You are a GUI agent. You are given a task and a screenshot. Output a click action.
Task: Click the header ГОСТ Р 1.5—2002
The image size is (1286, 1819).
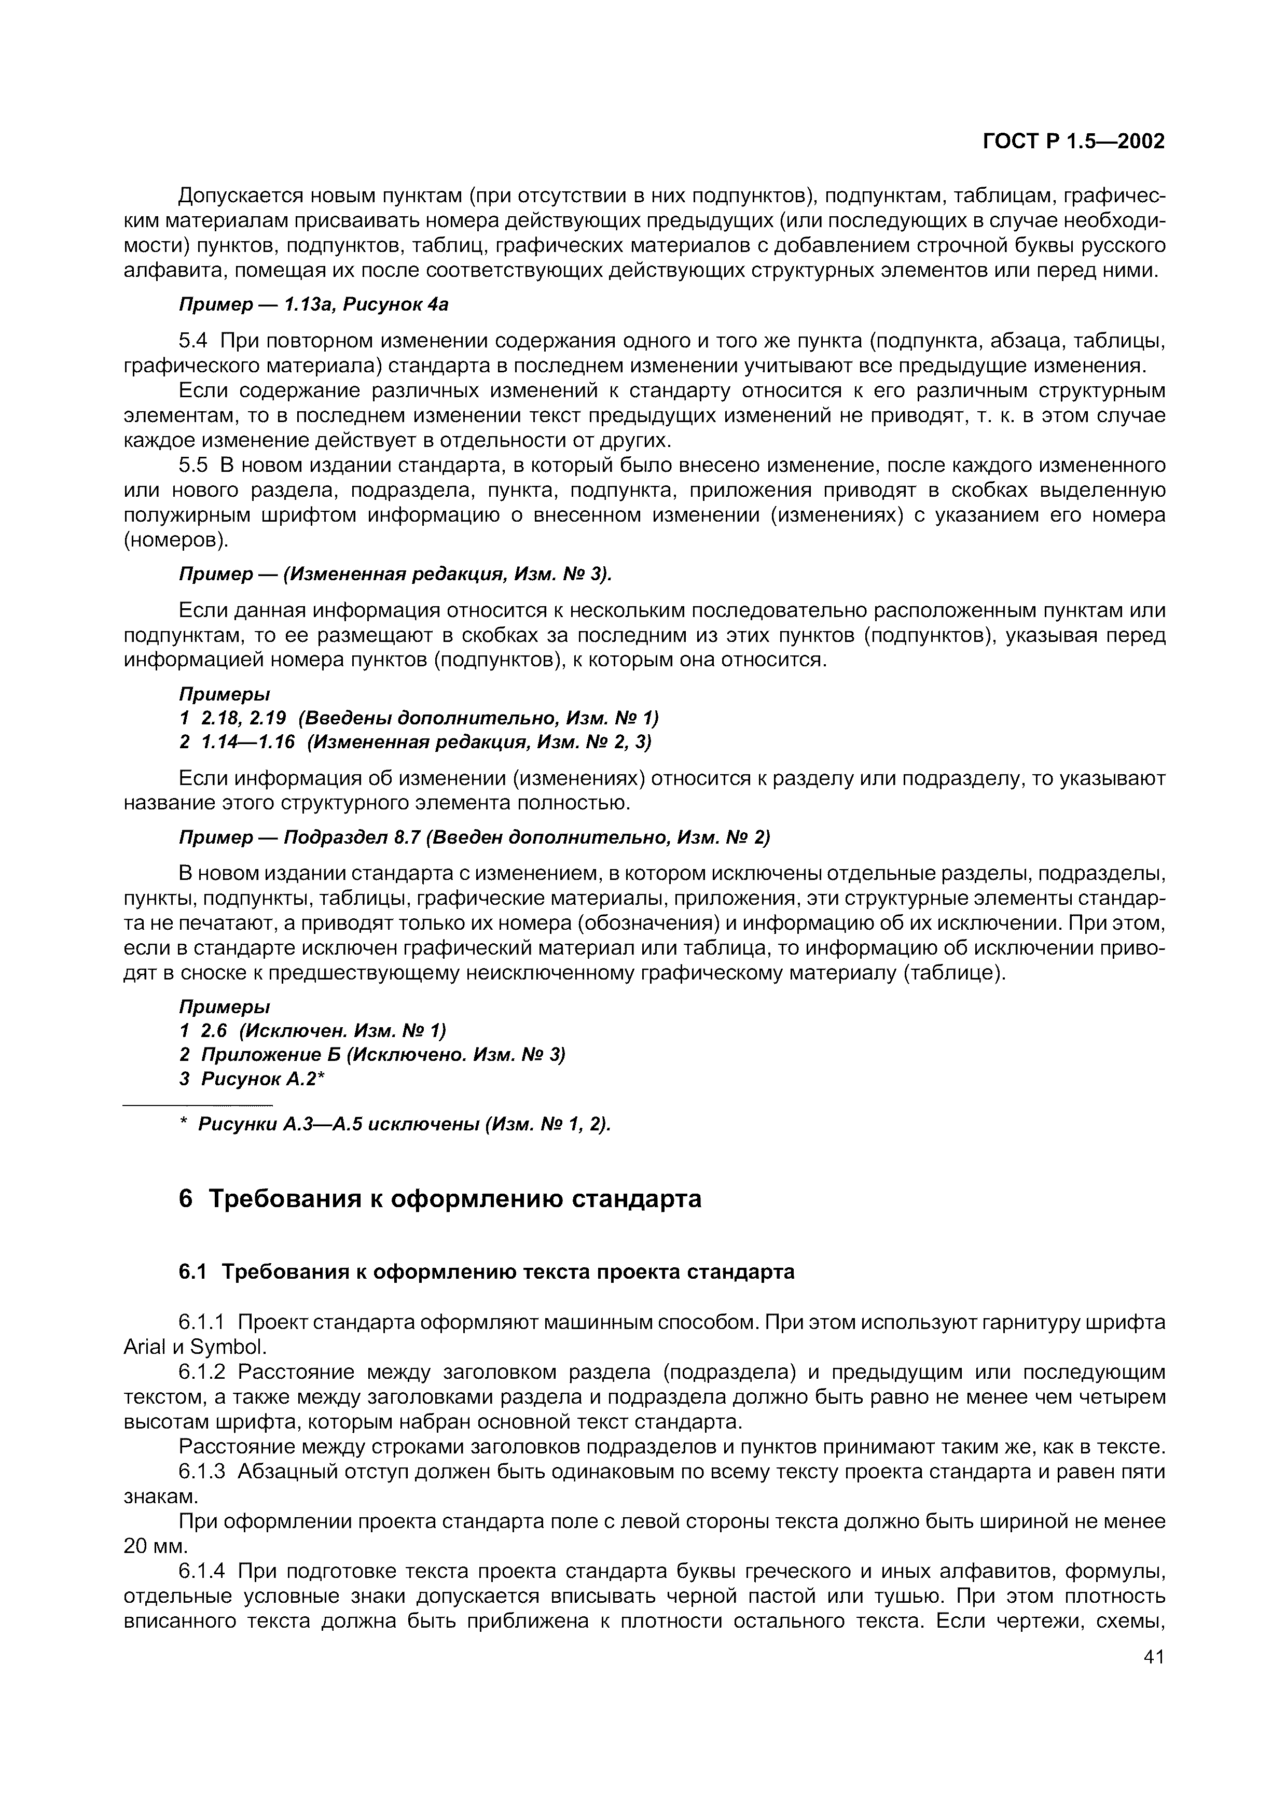point(1073,142)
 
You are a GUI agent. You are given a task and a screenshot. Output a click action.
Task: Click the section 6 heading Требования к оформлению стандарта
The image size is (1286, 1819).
point(440,1199)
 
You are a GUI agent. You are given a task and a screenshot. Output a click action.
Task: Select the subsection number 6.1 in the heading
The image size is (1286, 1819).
point(192,1271)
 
